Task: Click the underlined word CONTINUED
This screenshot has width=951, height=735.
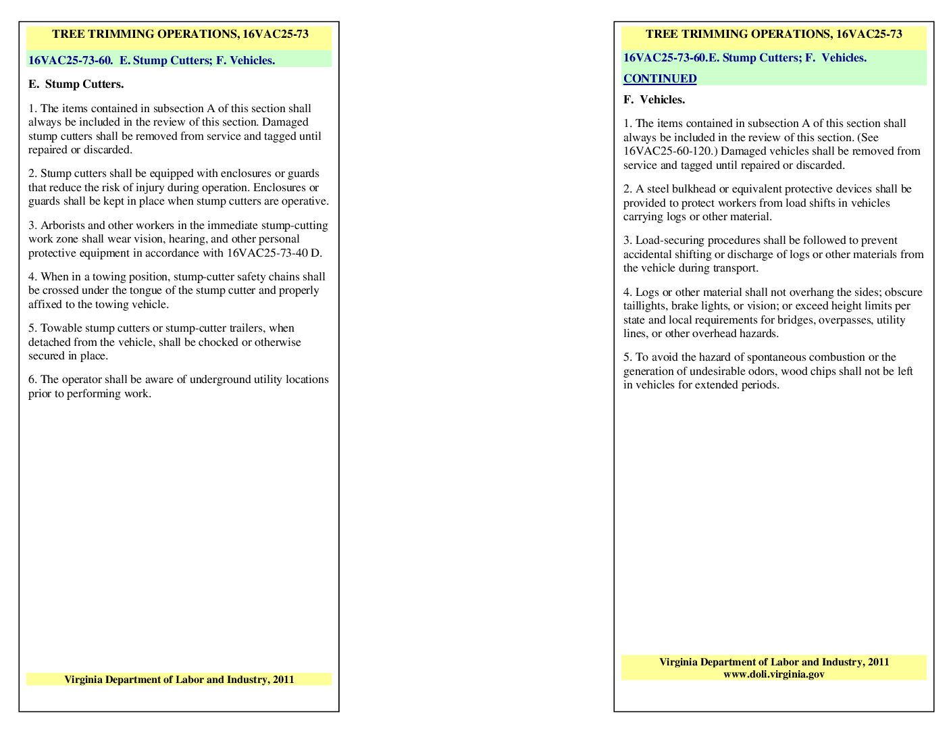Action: (x=659, y=78)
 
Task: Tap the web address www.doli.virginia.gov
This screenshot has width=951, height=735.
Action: (x=773, y=674)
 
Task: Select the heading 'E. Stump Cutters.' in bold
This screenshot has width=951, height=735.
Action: (x=76, y=84)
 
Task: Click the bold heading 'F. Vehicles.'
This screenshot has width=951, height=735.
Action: (x=654, y=100)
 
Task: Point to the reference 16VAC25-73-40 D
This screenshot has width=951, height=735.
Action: (x=274, y=253)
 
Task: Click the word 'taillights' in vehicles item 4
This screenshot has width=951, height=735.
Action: (x=646, y=306)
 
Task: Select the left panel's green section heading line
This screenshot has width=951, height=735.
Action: (x=151, y=61)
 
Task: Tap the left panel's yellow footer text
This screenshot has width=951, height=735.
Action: (x=179, y=680)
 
